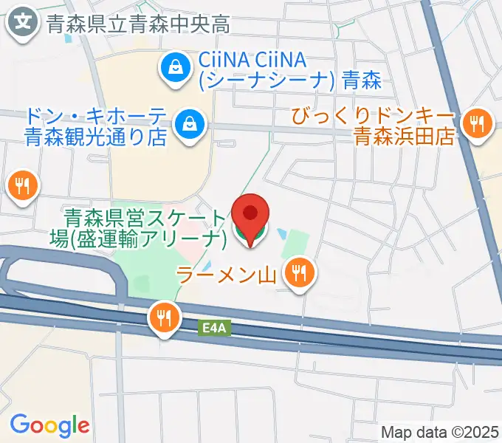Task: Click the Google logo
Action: pos(49,425)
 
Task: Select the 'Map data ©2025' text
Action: pos(439,432)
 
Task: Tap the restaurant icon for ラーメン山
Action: pos(299,275)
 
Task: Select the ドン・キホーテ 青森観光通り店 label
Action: pos(99,126)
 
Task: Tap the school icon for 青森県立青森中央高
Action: pos(24,22)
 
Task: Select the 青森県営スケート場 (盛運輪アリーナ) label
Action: pos(145,228)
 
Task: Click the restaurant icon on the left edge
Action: pos(22,185)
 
